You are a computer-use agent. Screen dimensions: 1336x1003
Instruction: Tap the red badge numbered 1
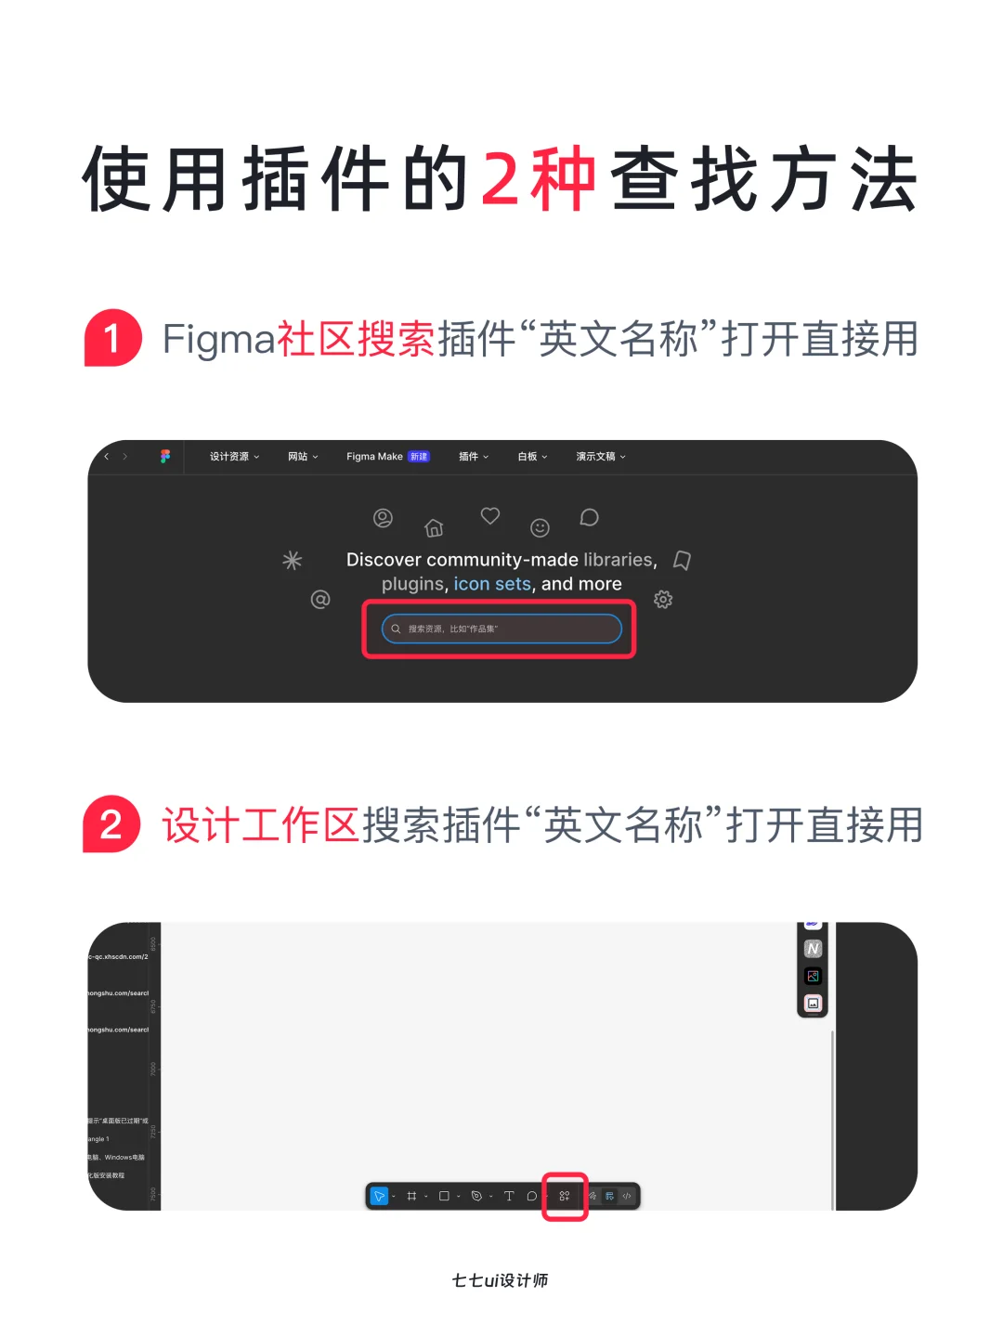point(112,338)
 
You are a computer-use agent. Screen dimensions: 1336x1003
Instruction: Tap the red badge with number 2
point(111,824)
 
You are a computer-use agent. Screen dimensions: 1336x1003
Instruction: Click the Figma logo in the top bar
point(165,457)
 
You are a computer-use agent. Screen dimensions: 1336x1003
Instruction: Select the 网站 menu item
point(303,457)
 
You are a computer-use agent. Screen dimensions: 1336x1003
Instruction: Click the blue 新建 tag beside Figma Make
point(419,457)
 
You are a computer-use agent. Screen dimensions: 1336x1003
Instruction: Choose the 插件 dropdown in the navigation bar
point(473,457)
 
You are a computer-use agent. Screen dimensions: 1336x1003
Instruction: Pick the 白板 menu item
point(532,457)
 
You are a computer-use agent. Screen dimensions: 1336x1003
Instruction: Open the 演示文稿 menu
point(600,457)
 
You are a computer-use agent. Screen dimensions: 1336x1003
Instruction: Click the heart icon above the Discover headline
point(490,515)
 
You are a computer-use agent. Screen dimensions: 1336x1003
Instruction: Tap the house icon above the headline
point(434,528)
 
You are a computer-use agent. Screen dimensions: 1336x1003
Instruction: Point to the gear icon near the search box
point(663,600)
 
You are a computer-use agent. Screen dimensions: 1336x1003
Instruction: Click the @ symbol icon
point(320,600)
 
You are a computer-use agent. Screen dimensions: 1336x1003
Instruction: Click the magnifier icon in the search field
point(396,629)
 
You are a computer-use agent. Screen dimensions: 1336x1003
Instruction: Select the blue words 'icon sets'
point(492,584)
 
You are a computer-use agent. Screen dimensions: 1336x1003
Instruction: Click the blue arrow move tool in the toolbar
point(379,1196)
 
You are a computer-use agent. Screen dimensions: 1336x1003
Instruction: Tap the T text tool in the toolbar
point(509,1196)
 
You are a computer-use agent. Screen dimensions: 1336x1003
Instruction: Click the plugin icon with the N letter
point(813,949)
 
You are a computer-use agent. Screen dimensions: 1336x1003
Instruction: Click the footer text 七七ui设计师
point(500,1280)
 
